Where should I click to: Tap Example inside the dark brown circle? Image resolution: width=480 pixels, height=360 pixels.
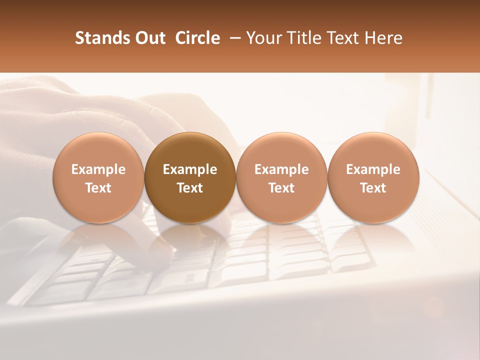click(190, 169)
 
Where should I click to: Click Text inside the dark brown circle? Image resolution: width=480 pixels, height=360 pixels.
click(190, 188)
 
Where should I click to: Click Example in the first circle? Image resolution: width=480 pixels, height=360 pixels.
click(98, 169)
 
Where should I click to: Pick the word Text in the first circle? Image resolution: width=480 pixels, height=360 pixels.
click(98, 188)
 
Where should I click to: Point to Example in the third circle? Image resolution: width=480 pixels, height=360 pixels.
click(281, 169)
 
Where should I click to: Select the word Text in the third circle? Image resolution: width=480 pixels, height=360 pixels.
click(281, 188)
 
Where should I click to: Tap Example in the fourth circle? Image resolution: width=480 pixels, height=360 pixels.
click(373, 169)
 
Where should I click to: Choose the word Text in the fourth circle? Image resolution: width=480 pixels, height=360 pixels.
click(373, 188)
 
